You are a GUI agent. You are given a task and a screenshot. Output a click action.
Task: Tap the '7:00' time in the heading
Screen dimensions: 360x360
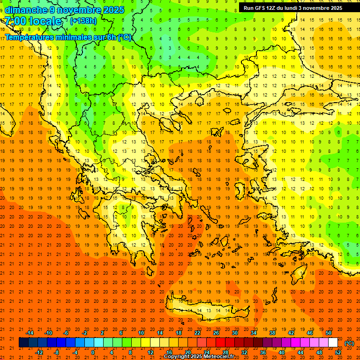tap(15, 21)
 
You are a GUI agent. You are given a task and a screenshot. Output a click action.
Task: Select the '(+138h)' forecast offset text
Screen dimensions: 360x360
tap(83, 21)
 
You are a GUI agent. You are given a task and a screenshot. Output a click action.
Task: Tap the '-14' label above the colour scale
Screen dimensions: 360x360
tap(30, 333)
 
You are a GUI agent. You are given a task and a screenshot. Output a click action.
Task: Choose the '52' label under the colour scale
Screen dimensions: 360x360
tap(338, 352)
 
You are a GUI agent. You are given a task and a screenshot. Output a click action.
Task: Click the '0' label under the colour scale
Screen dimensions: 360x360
tap(93, 352)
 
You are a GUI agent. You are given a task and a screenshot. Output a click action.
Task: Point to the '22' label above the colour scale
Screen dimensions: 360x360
tap(197, 333)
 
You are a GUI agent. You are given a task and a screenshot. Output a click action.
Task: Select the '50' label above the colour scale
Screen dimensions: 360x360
tap(329, 333)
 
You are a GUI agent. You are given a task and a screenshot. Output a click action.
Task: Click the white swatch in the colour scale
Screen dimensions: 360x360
tap(333, 343)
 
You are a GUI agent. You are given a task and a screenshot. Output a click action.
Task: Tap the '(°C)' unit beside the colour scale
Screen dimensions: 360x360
tap(349, 343)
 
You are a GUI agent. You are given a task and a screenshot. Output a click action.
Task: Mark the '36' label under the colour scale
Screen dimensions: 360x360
tap(263, 352)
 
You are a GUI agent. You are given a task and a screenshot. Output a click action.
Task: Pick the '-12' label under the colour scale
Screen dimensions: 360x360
tap(39, 352)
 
